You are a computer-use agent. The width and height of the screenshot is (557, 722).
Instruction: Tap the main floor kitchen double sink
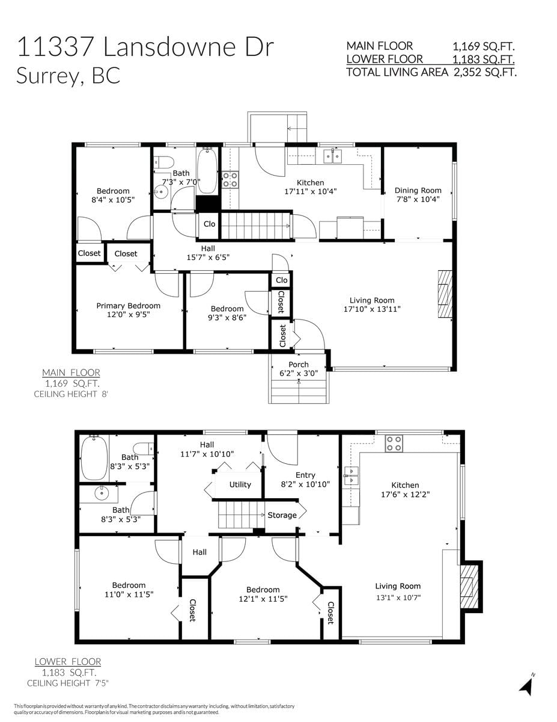[333, 156]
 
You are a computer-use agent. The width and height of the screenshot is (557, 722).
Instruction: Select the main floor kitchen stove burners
[230, 179]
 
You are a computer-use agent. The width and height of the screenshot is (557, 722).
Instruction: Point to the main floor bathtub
[207, 170]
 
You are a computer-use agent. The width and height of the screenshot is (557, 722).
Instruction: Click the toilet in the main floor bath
[164, 162]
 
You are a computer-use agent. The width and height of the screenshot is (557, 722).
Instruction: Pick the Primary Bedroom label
[129, 306]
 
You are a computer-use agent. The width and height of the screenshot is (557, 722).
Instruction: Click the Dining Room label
[418, 190]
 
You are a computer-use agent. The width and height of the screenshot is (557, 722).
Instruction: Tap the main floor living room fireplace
[445, 294]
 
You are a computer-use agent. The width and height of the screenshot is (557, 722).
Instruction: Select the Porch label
[299, 365]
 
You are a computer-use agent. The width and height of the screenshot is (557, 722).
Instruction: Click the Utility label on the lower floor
[240, 484]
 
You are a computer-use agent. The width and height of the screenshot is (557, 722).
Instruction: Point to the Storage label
[282, 515]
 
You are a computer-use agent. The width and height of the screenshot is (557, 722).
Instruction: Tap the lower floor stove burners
[394, 443]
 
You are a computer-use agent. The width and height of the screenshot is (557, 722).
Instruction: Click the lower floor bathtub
[94, 458]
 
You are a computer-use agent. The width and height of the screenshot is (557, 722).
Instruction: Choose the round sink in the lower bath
[102, 493]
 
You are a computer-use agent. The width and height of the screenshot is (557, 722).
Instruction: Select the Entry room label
[305, 475]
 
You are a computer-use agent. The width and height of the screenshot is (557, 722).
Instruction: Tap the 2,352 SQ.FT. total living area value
[485, 72]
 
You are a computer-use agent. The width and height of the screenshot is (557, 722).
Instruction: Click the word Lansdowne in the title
[171, 46]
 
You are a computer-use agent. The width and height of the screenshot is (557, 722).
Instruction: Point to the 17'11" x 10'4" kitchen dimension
[311, 191]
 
